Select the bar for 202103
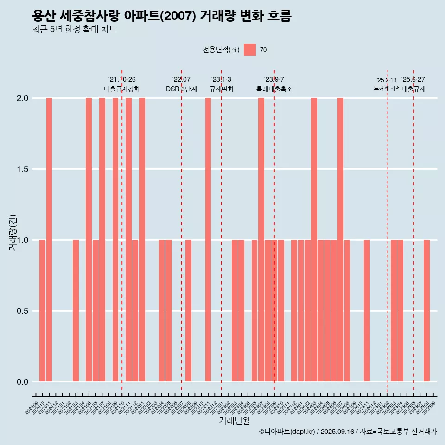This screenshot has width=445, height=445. coord(76,311)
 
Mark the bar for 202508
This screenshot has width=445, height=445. coord(426,311)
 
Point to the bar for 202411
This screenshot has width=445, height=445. coord(367,311)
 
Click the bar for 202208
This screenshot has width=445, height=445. coord(188,311)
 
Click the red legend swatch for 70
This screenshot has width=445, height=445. coord(250,50)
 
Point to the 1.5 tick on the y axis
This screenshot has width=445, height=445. coord(23,169)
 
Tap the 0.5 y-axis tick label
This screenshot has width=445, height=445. coord(23,311)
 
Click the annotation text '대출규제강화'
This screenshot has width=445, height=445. coord(122,89)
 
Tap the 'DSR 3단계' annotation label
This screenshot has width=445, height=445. coord(182,89)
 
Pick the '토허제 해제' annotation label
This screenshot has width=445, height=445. coord(387,88)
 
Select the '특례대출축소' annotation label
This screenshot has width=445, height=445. coord(274,89)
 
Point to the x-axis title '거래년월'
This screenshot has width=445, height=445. coord(234,421)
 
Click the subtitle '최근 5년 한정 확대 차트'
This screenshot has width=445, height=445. coord(74,30)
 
